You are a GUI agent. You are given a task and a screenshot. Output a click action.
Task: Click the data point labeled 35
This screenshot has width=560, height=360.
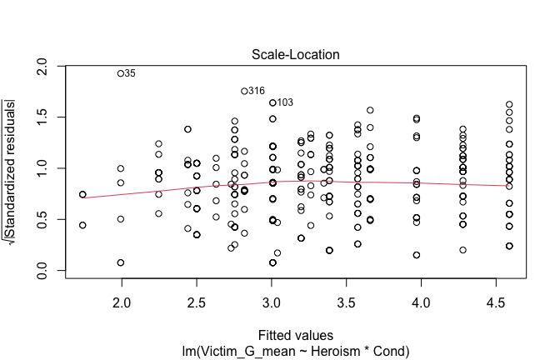click(x=121, y=73)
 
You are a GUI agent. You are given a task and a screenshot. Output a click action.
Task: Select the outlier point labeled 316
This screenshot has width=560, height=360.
click(x=244, y=91)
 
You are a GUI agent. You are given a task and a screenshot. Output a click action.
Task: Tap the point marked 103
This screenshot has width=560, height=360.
click(x=272, y=102)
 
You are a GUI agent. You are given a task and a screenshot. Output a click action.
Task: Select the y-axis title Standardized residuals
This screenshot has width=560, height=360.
click(x=15, y=168)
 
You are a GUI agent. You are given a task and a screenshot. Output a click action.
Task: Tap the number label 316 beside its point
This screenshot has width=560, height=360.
click(x=257, y=91)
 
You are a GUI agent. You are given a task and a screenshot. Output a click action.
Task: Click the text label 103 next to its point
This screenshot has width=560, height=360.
click(x=285, y=102)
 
